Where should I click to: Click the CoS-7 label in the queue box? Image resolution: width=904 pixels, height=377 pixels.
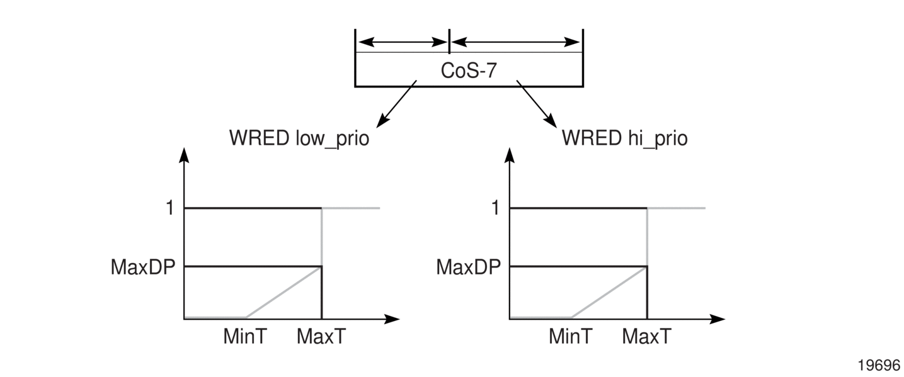(469, 70)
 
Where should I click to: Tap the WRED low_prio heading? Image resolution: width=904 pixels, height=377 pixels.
(299, 138)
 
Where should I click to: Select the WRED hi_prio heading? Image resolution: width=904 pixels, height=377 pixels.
(624, 138)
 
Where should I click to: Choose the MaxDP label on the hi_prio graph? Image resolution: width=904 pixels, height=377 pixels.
(468, 267)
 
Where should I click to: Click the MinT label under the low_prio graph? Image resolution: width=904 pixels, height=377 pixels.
(245, 337)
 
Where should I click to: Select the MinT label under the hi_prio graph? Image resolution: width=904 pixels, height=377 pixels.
(570, 337)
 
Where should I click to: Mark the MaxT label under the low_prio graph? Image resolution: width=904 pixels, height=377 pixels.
(321, 337)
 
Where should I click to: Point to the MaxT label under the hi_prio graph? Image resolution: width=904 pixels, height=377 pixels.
(646, 337)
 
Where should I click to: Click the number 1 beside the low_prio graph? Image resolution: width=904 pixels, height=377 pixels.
(169, 208)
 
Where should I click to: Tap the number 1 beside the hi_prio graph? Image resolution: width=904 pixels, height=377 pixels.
(495, 208)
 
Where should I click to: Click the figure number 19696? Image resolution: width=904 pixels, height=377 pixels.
(879, 365)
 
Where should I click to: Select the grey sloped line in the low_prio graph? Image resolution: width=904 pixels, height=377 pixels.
(283, 293)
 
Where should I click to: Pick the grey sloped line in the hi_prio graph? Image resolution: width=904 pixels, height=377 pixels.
(609, 293)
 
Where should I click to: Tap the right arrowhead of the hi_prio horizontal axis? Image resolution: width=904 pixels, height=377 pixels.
(718, 319)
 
